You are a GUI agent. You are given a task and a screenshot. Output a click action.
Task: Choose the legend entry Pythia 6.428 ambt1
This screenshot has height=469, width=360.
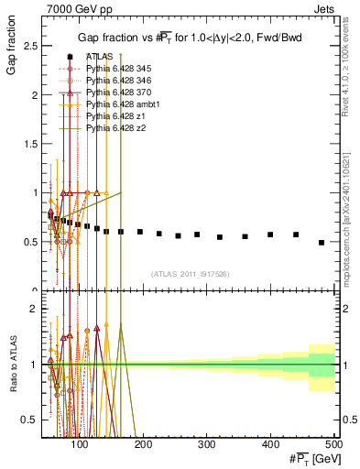(x=119, y=104)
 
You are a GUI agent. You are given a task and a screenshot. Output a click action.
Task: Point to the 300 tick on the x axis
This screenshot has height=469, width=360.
(x=238, y=443)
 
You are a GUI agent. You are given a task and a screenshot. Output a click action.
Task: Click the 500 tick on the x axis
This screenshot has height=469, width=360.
(x=333, y=443)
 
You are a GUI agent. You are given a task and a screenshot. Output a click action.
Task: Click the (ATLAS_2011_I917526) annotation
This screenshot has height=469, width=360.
(x=190, y=274)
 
